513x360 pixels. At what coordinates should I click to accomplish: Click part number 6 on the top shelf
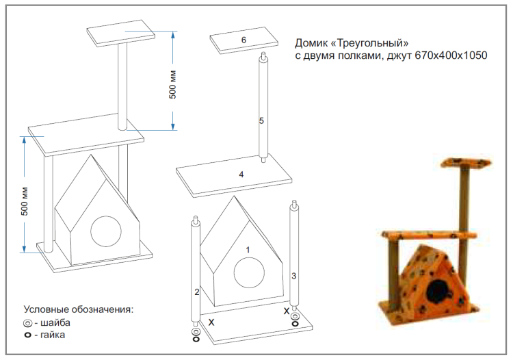[x=244, y=40]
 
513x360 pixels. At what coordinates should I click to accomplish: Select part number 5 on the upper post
[x=261, y=120]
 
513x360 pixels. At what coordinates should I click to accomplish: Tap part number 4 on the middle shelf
[x=241, y=175]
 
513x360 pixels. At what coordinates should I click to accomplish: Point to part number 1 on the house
[x=248, y=250]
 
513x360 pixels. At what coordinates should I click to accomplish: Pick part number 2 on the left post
[x=197, y=292]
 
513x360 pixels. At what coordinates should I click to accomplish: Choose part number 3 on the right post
[x=293, y=276]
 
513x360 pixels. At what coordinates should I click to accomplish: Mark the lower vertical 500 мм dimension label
[x=25, y=201]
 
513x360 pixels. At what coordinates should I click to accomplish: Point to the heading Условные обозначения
[x=78, y=309]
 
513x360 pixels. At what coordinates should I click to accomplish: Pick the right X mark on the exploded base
[x=287, y=311]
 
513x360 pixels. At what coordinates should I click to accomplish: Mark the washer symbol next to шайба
[x=27, y=323]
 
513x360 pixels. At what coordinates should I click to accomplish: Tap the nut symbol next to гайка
[x=27, y=335]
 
